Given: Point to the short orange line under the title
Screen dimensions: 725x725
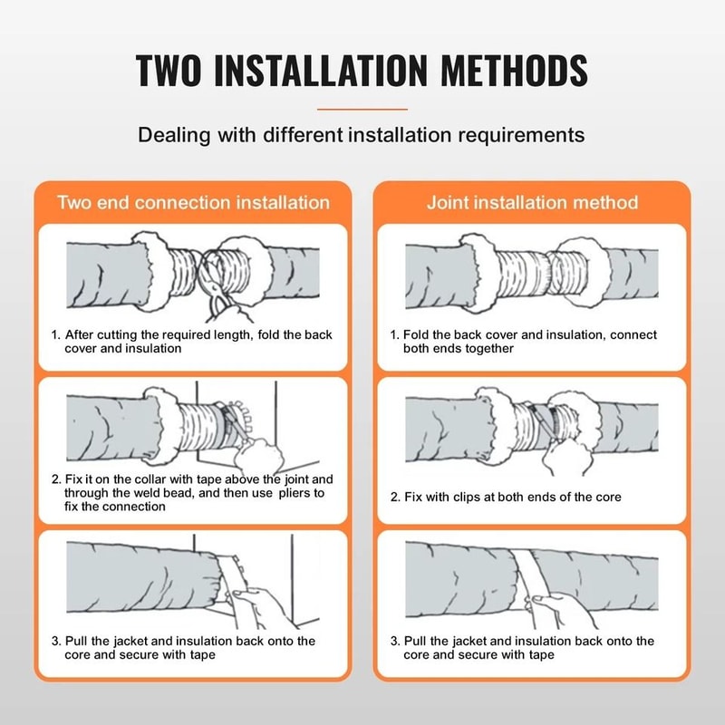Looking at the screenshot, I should click(362, 109).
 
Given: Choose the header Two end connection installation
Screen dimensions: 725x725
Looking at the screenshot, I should click(193, 202).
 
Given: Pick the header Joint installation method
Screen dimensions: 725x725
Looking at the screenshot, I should click(532, 202).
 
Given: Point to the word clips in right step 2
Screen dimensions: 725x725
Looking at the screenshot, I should click(472, 498).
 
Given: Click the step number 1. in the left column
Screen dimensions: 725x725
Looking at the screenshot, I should click(56, 335).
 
